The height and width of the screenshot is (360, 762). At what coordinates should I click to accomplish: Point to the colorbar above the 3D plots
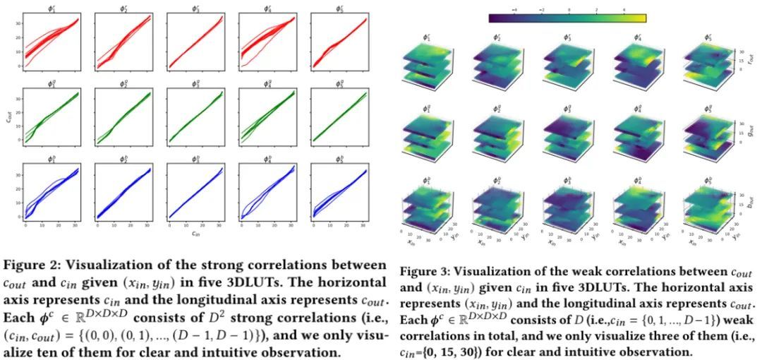pos(567,18)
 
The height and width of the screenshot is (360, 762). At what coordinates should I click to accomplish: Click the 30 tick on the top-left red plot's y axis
pos(18,23)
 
